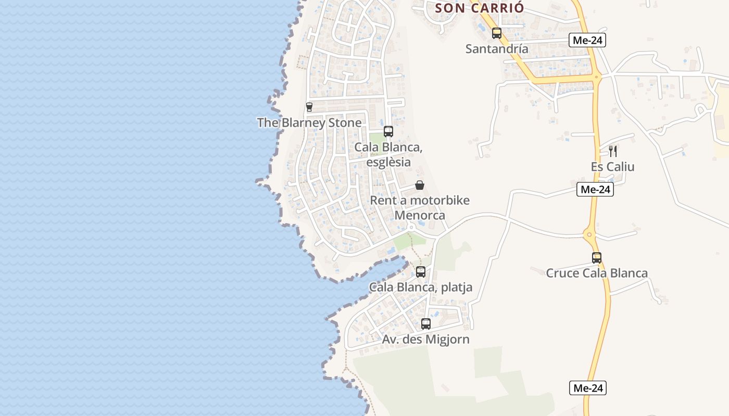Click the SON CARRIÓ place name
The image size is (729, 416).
point(479,8)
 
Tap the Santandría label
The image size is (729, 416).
point(497,49)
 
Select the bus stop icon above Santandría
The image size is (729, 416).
point(497,33)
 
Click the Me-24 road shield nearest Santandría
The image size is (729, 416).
point(587,40)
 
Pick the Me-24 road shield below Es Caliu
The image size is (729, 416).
point(595,190)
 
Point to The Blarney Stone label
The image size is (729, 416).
point(309,123)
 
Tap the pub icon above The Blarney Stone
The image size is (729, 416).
point(309,107)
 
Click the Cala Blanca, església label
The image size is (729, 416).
point(388,154)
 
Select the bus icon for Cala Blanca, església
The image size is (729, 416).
point(388,131)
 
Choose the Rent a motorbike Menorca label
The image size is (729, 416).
point(420,207)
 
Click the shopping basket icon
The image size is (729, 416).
point(420,185)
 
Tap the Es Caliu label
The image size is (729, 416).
point(613,167)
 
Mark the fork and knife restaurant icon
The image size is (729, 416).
point(613,151)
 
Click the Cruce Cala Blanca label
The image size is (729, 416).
point(597,273)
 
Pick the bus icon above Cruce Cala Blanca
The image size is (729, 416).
point(597,257)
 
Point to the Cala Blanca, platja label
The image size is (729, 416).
point(421,287)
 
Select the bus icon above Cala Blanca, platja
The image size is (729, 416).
point(421,271)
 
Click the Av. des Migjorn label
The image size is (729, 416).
point(426,340)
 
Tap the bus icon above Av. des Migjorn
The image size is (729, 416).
point(426,324)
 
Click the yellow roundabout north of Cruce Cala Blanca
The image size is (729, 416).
point(589,235)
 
